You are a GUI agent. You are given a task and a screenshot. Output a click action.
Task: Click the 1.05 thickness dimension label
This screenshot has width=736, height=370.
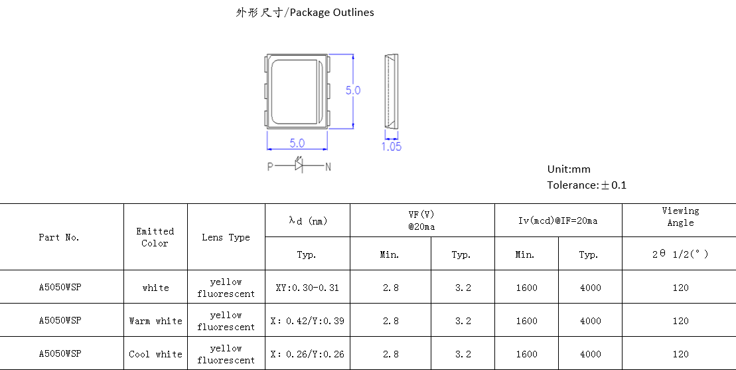pyautogui.click(x=391, y=147)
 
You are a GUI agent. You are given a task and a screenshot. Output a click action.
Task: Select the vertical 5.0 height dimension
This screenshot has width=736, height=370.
pyautogui.click(x=353, y=90)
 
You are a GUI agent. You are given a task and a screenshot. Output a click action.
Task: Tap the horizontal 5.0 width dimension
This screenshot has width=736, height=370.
pyautogui.click(x=297, y=143)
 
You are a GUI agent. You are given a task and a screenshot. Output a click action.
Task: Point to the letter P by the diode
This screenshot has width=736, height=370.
pyautogui.click(x=270, y=167)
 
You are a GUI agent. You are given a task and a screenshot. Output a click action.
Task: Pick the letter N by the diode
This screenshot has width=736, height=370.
pyautogui.click(x=328, y=167)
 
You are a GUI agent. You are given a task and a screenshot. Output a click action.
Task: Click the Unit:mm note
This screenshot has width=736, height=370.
pyautogui.click(x=569, y=169)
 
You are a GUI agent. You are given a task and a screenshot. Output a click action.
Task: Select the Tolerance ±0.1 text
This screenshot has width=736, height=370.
pyautogui.click(x=587, y=185)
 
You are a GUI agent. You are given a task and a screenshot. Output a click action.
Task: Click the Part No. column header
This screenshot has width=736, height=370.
pyautogui.click(x=59, y=237)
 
